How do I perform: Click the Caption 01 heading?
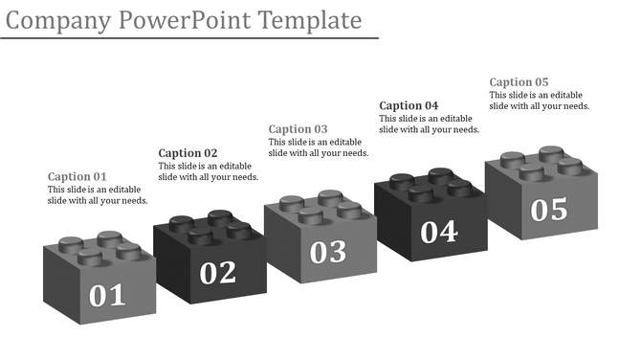(x=77, y=177)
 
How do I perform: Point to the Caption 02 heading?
(x=188, y=153)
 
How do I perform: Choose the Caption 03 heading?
(x=298, y=129)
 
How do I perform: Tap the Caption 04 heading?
(x=409, y=105)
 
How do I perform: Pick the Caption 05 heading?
(x=519, y=82)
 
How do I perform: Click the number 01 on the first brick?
(x=107, y=295)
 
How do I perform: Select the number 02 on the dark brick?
(x=218, y=273)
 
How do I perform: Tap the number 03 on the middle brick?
(x=328, y=251)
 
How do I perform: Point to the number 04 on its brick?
(x=439, y=231)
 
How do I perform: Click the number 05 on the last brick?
(x=549, y=209)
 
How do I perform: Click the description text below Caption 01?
(x=98, y=195)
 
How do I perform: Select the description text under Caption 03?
(x=319, y=147)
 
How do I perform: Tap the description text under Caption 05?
(x=539, y=101)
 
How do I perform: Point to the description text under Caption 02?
(x=208, y=171)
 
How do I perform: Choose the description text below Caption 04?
(x=429, y=124)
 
